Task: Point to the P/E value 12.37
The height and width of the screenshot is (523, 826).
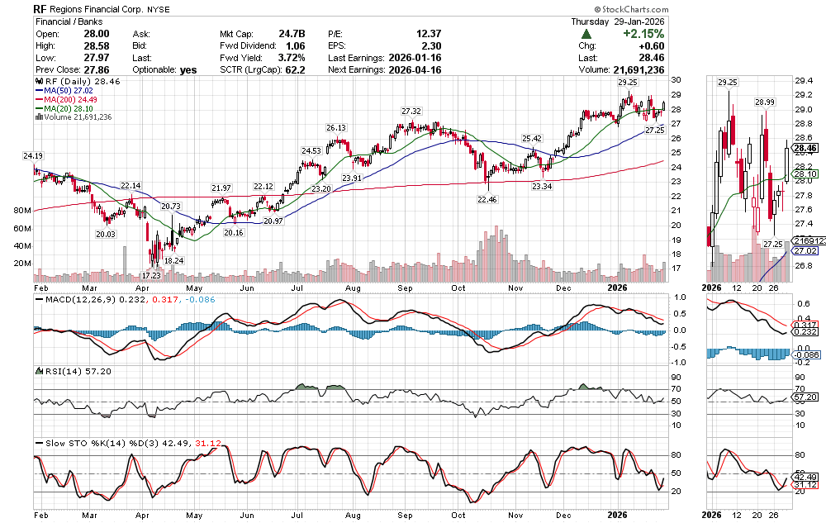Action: pyautogui.click(x=430, y=33)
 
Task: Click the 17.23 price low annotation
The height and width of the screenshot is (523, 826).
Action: pyautogui.click(x=150, y=274)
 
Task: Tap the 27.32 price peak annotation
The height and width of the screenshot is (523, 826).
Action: pyautogui.click(x=411, y=111)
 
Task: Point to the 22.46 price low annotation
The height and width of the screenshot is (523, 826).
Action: pyautogui.click(x=487, y=199)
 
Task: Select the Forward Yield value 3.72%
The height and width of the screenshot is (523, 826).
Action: pyautogui.click(x=290, y=58)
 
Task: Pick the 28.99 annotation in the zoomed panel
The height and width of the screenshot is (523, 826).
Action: pyautogui.click(x=764, y=102)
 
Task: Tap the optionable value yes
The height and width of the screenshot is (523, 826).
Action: pyautogui.click(x=188, y=69)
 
